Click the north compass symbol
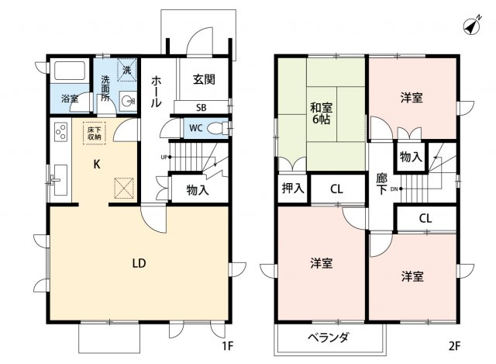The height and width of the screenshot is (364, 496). tap(472, 26)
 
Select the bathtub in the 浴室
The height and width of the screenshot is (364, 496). tap(70, 71)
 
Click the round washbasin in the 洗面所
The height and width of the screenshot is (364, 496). tap(128, 101)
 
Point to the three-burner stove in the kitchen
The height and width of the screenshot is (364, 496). tap(60, 132)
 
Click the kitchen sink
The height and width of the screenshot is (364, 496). tap(60, 180)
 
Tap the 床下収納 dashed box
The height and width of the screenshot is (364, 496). tap(95, 133)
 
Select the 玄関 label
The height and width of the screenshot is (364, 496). tap(204, 79)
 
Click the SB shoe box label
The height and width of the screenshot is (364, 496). tap(201, 108)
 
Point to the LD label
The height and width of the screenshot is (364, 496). tap(139, 263)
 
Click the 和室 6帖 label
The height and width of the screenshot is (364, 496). tap(321, 113)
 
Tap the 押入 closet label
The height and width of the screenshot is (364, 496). tap(293, 189)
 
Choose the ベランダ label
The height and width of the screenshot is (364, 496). tap(328, 337)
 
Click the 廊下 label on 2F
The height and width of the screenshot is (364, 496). tap(382, 184)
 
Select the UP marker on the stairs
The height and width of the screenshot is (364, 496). tap(166, 157)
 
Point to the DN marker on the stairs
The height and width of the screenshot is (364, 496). tap(397, 189)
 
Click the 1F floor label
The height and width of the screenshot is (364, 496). tap(227, 346)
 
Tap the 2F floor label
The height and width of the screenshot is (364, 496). tap(454, 346)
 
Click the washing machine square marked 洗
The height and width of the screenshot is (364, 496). tap(127, 70)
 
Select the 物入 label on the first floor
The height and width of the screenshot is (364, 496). tap(198, 190)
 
